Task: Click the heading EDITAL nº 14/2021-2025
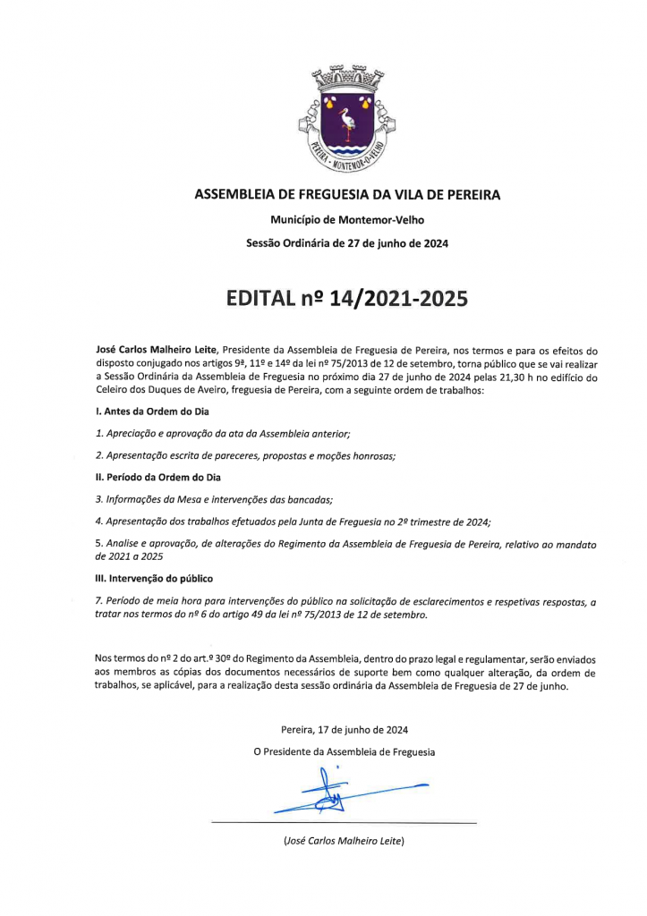click(348, 297)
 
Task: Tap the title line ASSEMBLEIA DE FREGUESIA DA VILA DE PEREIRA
click(348, 194)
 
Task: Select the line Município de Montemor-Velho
click(348, 219)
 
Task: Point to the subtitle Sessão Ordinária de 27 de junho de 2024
click(348, 243)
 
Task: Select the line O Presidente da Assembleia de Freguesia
click(345, 752)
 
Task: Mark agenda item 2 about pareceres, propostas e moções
click(245, 455)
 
